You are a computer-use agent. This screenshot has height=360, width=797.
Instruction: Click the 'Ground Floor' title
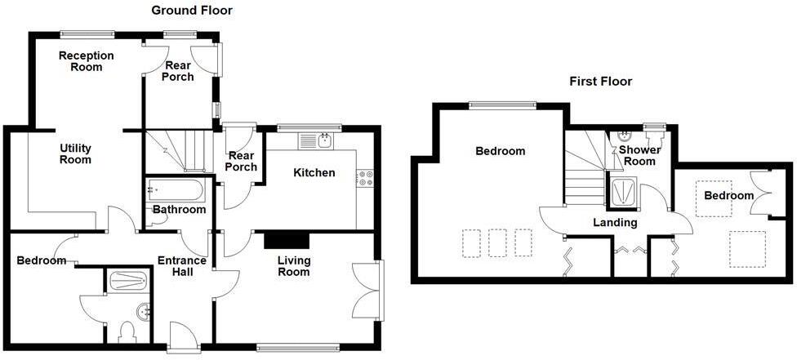[x=192, y=11]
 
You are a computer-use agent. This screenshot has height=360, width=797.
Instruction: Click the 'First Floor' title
[x=600, y=82]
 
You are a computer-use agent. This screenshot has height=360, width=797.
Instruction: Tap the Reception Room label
[x=86, y=61]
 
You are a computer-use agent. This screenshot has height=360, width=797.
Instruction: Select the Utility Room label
[x=75, y=154]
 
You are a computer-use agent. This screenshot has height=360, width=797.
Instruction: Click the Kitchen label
[x=314, y=173]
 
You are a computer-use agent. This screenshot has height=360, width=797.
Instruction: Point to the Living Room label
[x=293, y=266]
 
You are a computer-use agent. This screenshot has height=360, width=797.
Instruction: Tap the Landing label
[x=616, y=222]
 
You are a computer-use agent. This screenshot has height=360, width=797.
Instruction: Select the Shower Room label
[x=638, y=155]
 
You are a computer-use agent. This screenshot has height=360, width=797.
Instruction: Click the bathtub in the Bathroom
[x=175, y=191]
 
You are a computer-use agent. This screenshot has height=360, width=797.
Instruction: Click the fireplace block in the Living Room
[x=287, y=239]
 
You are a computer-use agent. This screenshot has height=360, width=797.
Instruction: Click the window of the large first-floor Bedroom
[x=502, y=104]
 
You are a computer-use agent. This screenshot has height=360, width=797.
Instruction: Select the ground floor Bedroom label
[x=41, y=260]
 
